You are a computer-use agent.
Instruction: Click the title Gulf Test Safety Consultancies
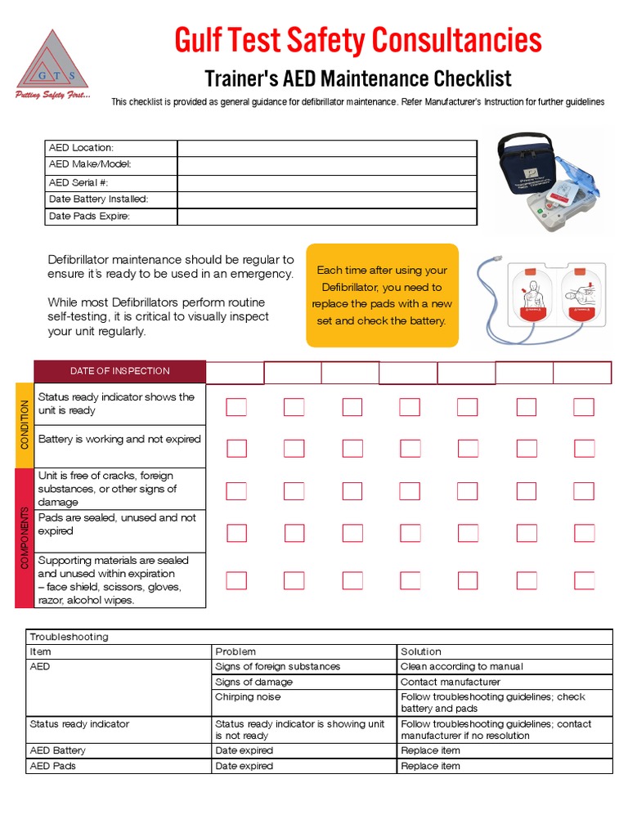tap(357, 40)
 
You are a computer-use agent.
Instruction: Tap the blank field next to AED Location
tap(326, 148)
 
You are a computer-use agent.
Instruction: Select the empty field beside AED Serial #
tap(326, 182)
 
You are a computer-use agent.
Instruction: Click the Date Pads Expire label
tap(90, 217)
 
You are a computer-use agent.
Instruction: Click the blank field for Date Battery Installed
tap(326, 199)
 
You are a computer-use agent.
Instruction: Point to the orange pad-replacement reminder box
tap(382, 295)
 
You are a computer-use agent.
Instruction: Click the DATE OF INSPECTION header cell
tap(119, 371)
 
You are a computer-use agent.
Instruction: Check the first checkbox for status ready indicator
tap(236, 407)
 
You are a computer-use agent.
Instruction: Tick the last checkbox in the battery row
tap(584, 448)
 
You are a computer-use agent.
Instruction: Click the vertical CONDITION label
tap(25, 424)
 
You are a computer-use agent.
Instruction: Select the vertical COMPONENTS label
tap(25, 538)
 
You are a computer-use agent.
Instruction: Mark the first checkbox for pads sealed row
tap(236, 533)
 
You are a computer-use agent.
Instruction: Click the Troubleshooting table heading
tap(69, 637)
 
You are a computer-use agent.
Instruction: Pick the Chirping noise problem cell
tap(248, 697)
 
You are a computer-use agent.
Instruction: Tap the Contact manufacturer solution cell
tap(451, 682)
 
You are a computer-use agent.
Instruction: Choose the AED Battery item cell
tap(57, 750)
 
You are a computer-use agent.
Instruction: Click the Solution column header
tap(421, 651)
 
